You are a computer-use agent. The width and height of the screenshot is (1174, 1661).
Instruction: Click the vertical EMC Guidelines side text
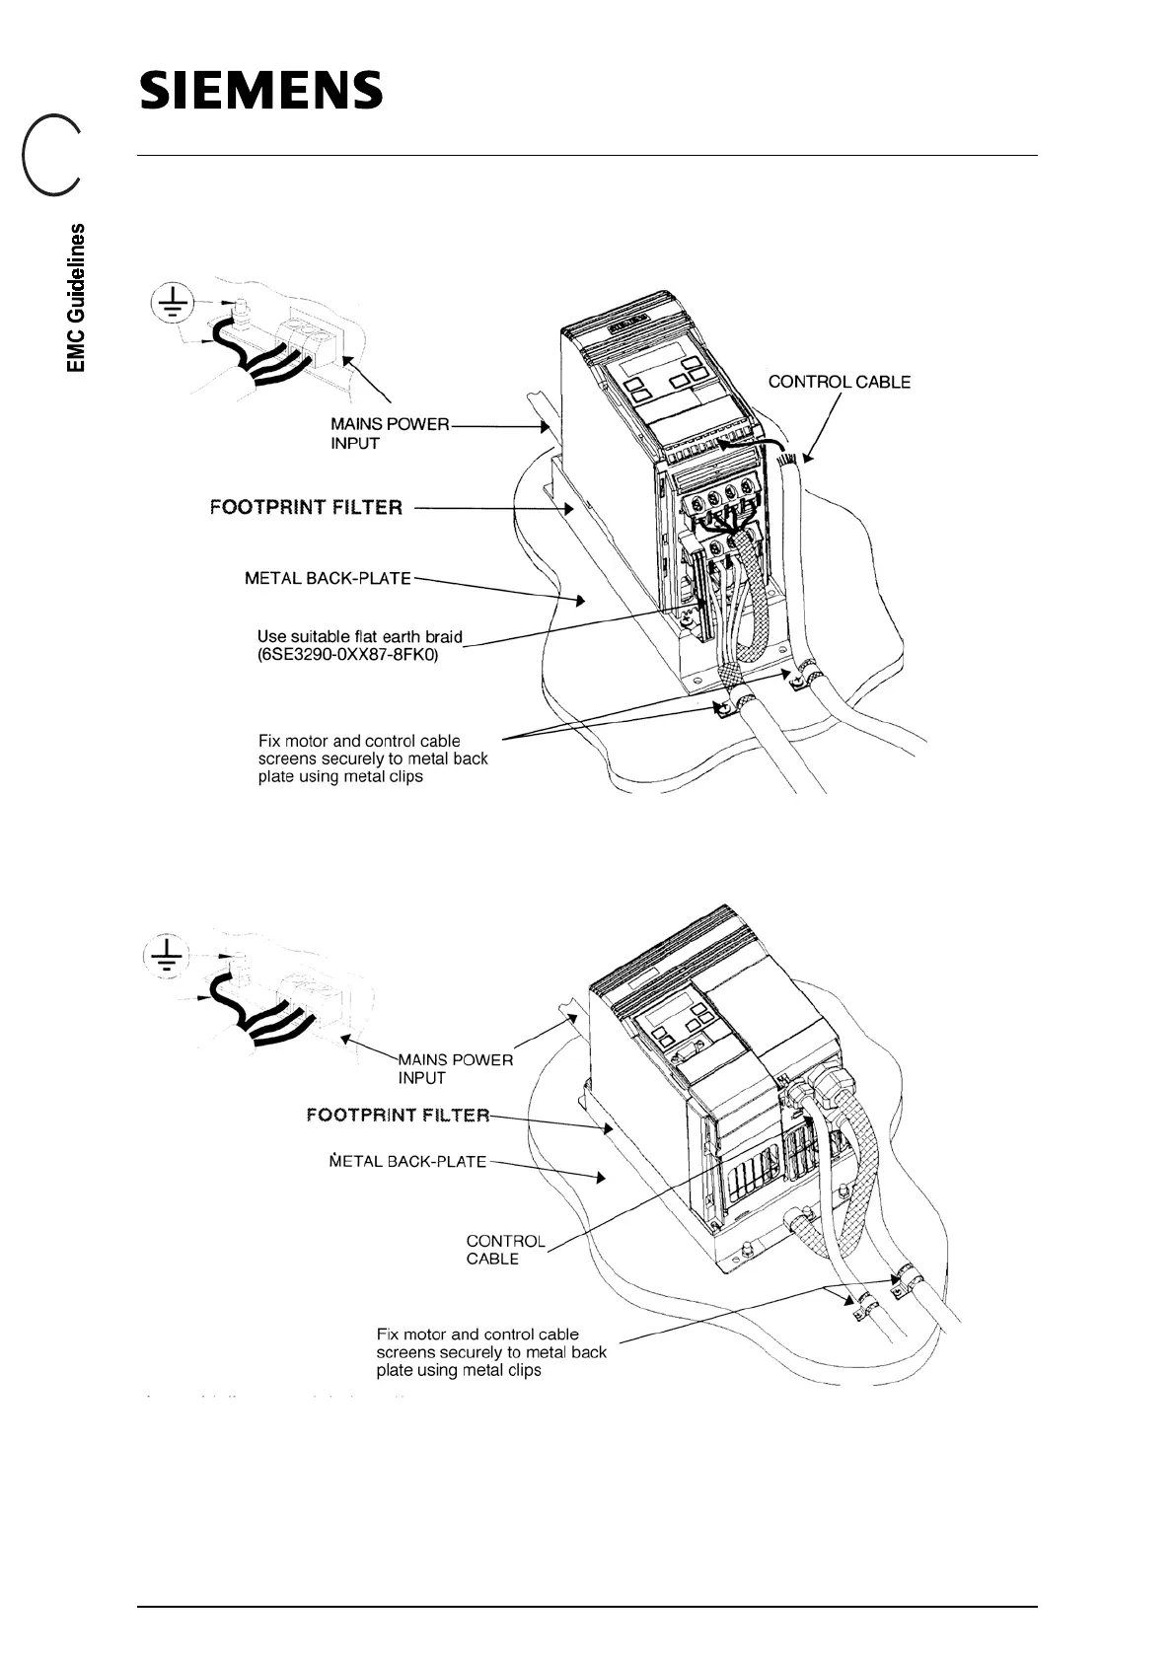pyautogui.click(x=77, y=298)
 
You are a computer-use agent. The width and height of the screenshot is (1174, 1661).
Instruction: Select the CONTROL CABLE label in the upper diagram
pyautogui.click(x=839, y=382)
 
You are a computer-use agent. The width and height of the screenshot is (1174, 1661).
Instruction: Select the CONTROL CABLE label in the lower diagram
pyautogui.click(x=505, y=1250)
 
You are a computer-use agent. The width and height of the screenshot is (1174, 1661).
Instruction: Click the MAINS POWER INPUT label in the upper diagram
pyautogui.click(x=389, y=434)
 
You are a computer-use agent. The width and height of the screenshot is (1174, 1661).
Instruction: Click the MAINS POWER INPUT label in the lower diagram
pyautogui.click(x=455, y=1069)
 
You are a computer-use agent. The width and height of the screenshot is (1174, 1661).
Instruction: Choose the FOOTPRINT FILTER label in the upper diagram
pyautogui.click(x=306, y=508)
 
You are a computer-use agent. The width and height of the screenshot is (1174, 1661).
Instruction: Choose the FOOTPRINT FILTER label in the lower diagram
pyautogui.click(x=398, y=1116)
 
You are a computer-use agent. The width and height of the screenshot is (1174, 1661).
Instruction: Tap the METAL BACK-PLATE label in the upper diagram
pyautogui.click(x=328, y=578)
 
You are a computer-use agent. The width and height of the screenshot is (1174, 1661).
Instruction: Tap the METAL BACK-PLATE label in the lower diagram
pyautogui.click(x=407, y=1162)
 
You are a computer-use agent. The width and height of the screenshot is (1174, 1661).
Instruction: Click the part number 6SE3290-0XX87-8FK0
pyautogui.click(x=347, y=654)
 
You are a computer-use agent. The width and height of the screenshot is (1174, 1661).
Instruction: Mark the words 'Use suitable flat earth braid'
pyautogui.click(x=359, y=636)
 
